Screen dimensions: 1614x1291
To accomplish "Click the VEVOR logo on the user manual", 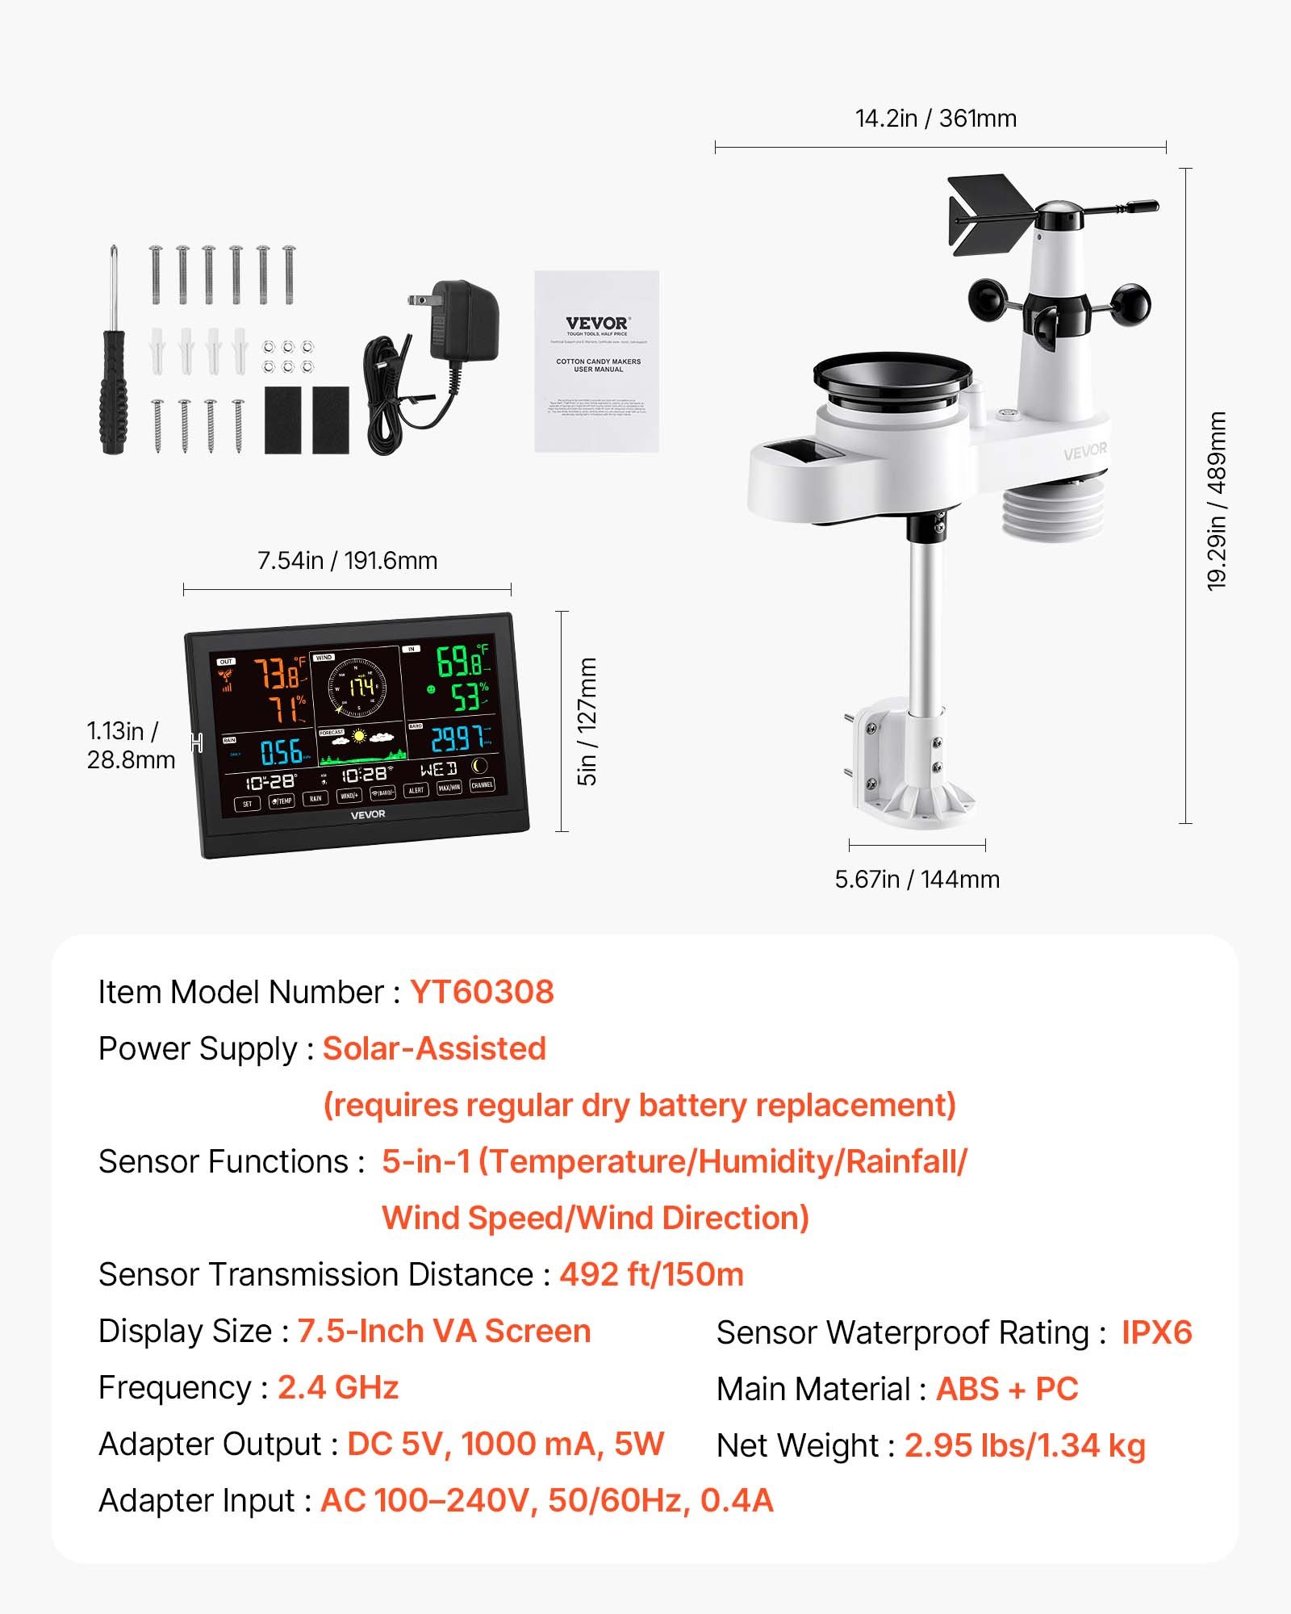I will tap(597, 324).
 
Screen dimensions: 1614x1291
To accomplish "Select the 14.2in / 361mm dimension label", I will tap(936, 119).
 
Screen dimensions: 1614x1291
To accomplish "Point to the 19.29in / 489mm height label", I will tap(1217, 500).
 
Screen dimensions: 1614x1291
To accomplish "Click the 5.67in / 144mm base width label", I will tap(917, 880).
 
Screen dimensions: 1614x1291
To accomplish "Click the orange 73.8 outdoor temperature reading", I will tap(278, 673).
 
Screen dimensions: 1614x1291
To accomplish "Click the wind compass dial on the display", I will tap(357, 688).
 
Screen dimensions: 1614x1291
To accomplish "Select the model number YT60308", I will tap(482, 993).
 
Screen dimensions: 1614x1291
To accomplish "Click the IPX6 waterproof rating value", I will tap(1156, 1333).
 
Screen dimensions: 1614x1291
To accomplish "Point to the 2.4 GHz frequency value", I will tap(338, 1388).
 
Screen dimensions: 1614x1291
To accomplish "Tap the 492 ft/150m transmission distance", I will tap(651, 1275).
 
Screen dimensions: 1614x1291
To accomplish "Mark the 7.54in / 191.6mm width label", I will tap(347, 561).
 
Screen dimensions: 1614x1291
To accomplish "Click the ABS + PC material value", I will tap(1007, 1390).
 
